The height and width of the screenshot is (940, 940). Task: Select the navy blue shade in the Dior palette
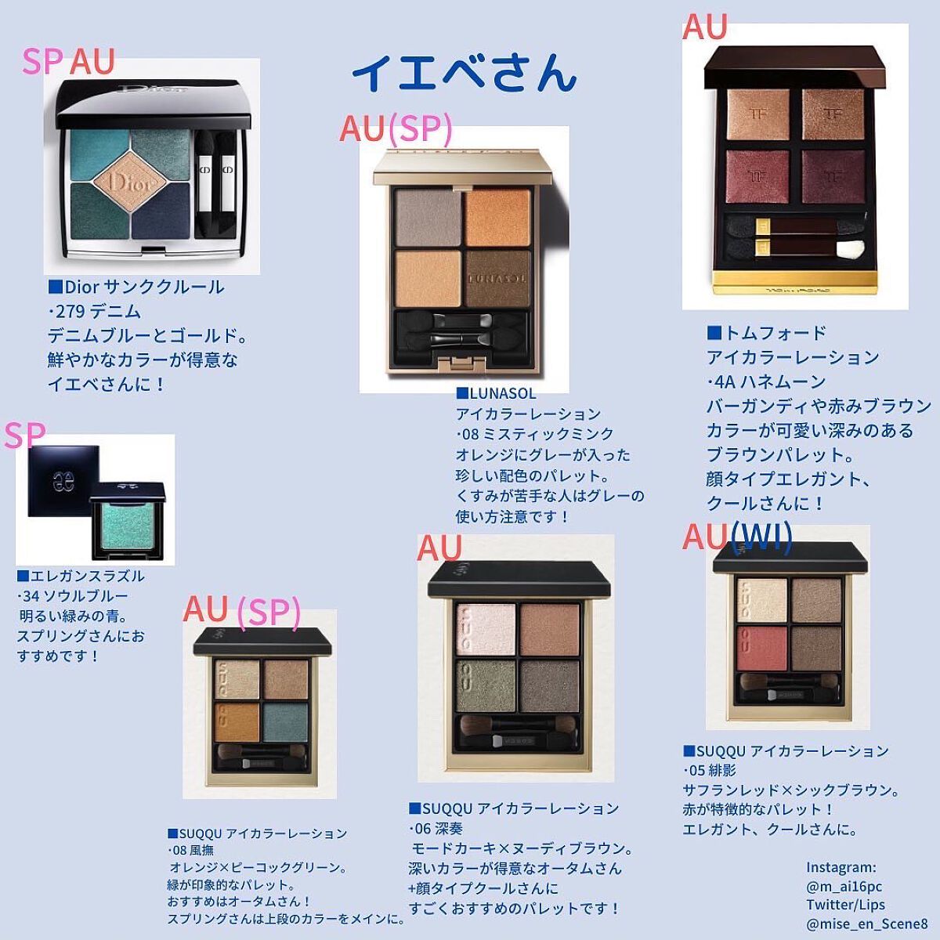pyautogui.click(x=161, y=210)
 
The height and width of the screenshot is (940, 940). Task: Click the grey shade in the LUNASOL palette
pyautogui.click(x=428, y=218)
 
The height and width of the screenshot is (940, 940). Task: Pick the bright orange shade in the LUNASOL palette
pyautogui.click(x=497, y=218)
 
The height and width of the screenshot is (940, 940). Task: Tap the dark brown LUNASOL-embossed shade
pyautogui.click(x=497, y=279)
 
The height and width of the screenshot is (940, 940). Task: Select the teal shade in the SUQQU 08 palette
pyautogui.click(x=285, y=722)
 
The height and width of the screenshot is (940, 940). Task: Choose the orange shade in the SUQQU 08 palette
pyautogui.click(x=237, y=722)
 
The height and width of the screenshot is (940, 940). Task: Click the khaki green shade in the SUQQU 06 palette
pyautogui.click(x=486, y=685)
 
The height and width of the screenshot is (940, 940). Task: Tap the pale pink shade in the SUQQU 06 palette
pyautogui.click(x=486, y=630)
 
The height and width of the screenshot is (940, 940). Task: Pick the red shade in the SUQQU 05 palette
pyautogui.click(x=762, y=648)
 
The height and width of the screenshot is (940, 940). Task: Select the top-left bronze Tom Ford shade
pyautogui.click(x=758, y=114)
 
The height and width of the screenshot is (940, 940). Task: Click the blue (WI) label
pyautogui.click(x=761, y=538)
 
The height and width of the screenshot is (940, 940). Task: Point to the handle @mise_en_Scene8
pyautogui.click(x=866, y=924)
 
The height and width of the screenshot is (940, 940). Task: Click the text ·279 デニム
pyautogui.click(x=95, y=311)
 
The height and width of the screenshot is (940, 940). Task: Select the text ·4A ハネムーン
pyautogui.click(x=766, y=381)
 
